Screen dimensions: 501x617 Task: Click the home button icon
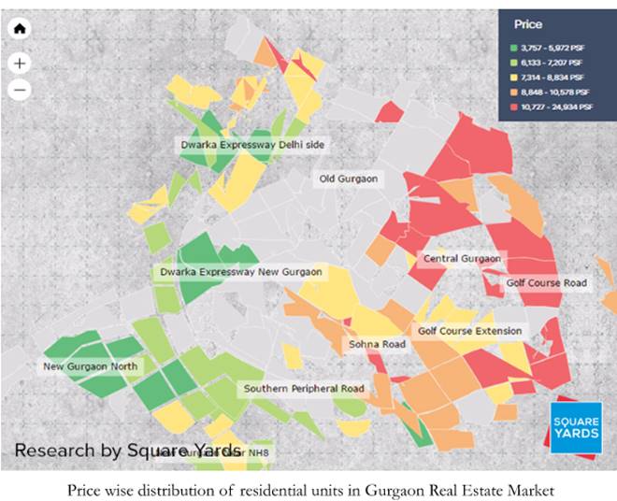coord(21,28)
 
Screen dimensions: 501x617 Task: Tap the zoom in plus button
coord(21,63)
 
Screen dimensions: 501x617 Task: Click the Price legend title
coord(528,24)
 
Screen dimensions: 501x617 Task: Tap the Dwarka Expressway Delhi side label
coord(254,145)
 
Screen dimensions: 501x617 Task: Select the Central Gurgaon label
coord(462,259)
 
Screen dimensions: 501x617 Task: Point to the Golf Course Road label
coord(547,282)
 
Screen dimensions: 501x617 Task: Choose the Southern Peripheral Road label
coord(304,388)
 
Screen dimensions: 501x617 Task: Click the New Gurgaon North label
coord(90,366)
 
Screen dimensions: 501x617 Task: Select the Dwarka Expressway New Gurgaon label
coord(240,272)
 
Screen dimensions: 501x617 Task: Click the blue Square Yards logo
coord(576,429)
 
